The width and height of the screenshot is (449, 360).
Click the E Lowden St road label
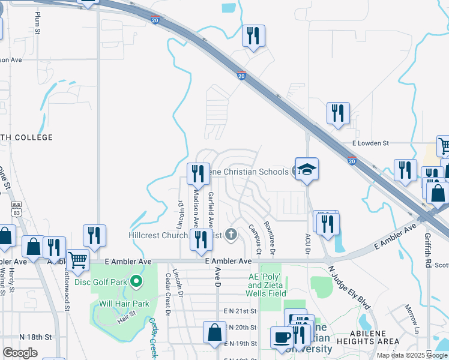coord(371,143)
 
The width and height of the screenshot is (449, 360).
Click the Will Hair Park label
coord(124,304)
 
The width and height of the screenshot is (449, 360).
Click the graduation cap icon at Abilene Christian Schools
coord(306,169)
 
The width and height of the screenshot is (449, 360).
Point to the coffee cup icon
coord(282,337)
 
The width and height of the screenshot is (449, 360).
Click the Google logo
coord(20,353)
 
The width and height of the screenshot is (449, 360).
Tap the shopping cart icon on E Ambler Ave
coord(77,260)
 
